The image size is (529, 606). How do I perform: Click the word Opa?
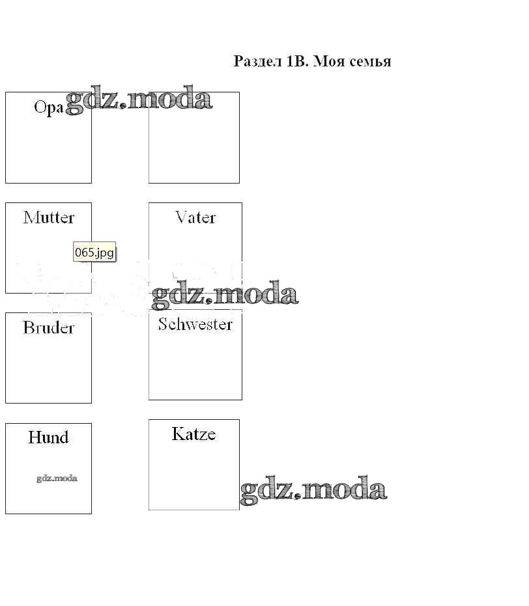[49, 107]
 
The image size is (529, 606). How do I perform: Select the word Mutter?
[49, 217]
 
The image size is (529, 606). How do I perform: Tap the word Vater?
[195, 217]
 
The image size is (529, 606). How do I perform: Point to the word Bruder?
[49, 327]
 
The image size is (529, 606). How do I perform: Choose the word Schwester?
[195, 324]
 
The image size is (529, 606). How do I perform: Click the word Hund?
[48, 437]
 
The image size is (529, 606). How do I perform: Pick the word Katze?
[193, 434]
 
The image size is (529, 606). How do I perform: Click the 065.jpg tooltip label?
[95, 253]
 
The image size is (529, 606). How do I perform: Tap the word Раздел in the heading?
[257, 62]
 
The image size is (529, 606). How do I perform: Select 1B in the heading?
[296, 62]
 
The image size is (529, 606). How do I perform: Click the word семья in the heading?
[369, 62]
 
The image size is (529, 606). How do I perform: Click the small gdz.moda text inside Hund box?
[57, 478]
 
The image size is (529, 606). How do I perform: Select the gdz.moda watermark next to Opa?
[139, 99]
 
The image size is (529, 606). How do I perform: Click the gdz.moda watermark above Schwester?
[225, 294]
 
